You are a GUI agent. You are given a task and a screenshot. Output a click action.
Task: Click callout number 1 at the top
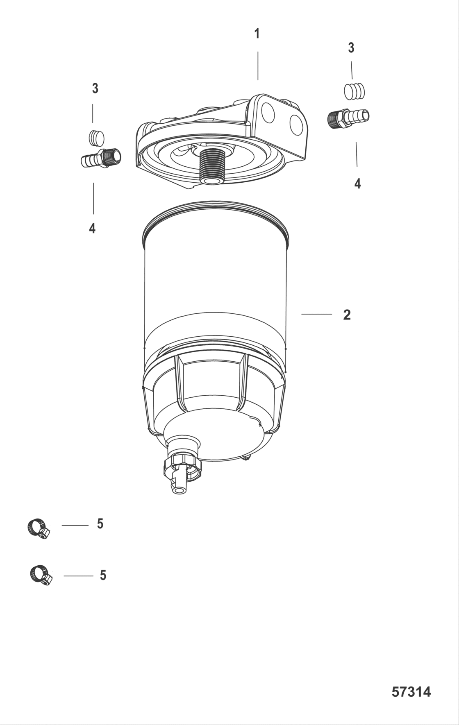pyautogui.click(x=257, y=34)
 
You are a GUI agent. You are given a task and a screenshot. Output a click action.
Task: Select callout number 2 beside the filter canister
pyautogui.click(x=347, y=315)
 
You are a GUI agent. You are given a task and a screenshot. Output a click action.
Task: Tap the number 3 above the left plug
pyautogui.click(x=95, y=88)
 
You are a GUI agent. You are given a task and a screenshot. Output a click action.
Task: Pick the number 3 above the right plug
pyautogui.click(x=351, y=48)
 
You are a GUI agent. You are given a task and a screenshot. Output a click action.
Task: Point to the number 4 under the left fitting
pyautogui.click(x=92, y=229)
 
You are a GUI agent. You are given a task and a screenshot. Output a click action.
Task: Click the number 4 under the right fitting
pyautogui.click(x=357, y=184)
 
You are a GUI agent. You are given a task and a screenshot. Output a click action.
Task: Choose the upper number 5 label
pyautogui.click(x=100, y=523)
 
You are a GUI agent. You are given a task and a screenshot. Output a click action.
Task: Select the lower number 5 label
pyautogui.click(x=103, y=575)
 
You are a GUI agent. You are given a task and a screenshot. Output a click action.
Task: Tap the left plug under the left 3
pyautogui.click(x=97, y=138)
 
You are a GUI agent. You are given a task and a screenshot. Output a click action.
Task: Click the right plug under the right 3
pyautogui.click(x=354, y=91)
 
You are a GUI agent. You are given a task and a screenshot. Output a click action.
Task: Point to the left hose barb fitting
pyautogui.click(x=101, y=158)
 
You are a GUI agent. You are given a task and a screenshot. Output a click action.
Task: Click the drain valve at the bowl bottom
pyautogui.click(x=180, y=473)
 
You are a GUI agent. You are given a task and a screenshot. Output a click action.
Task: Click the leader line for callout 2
pyautogui.click(x=316, y=314)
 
